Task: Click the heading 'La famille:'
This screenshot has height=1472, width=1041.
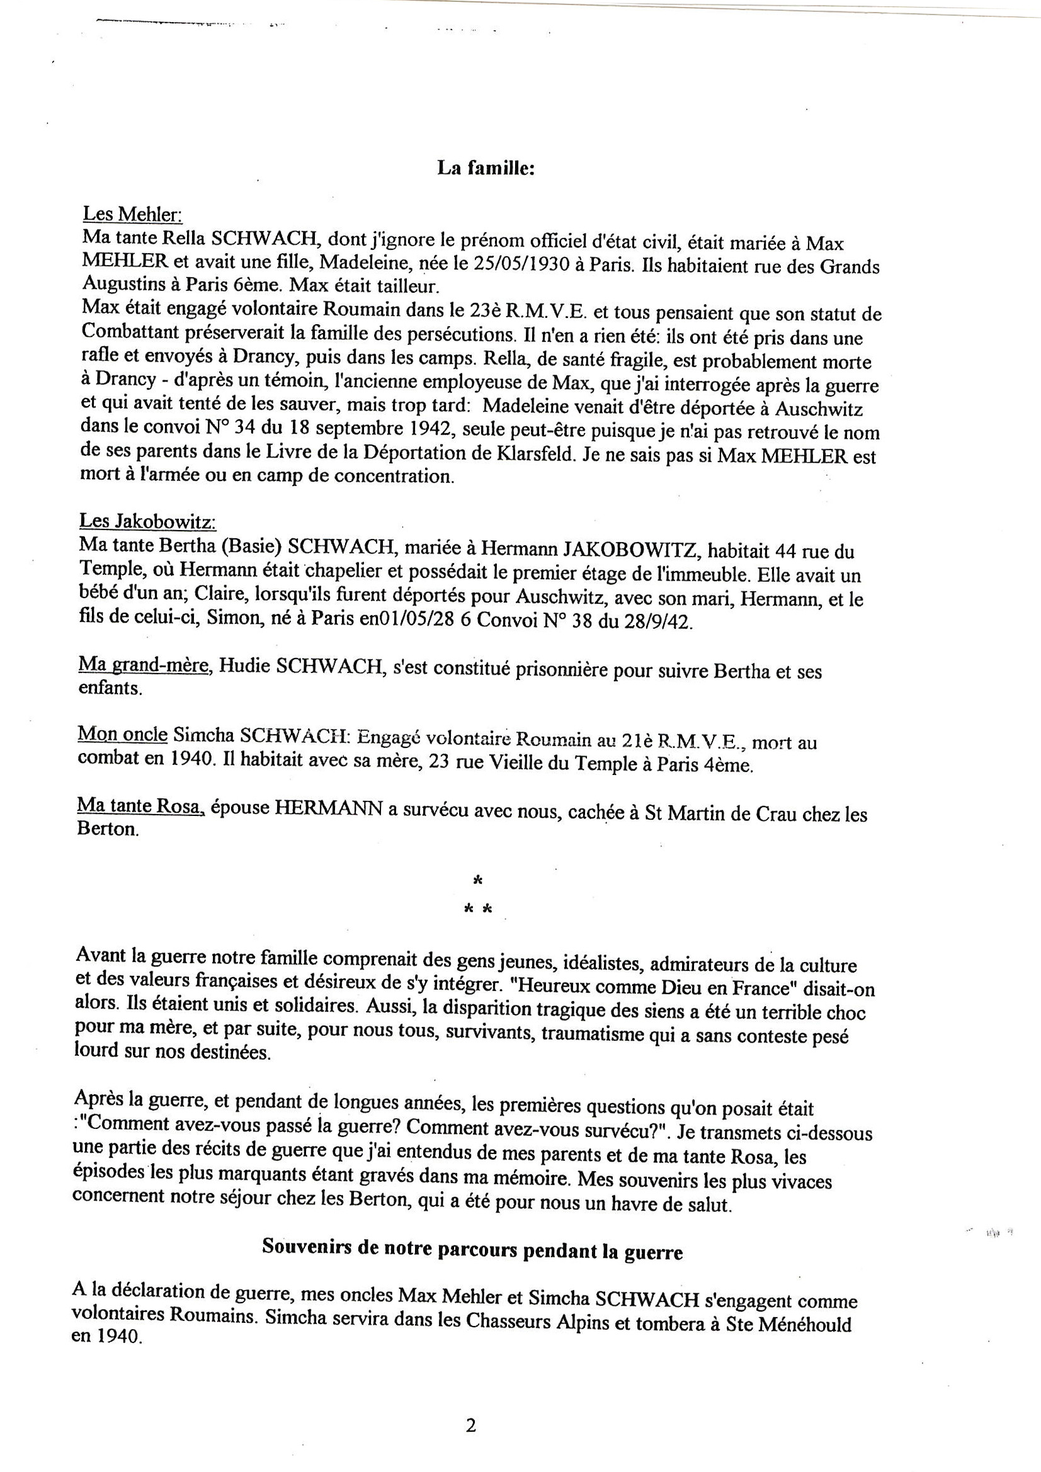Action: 486,168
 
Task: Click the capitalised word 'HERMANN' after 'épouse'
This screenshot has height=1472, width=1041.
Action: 327,809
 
